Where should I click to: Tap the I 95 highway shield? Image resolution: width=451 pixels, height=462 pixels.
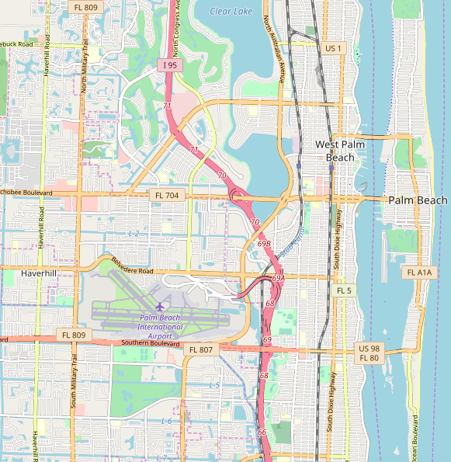[x=170, y=66]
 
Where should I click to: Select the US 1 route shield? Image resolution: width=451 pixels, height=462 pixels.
[x=333, y=48]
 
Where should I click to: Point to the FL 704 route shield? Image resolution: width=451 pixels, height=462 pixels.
[x=168, y=196]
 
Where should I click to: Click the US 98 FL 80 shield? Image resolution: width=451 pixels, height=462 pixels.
[x=368, y=353]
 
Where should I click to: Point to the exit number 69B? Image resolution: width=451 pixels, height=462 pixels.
[x=265, y=244]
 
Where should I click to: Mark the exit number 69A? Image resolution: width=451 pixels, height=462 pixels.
[x=279, y=277]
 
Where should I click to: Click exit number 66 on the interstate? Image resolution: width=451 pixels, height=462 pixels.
[x=262, y=432]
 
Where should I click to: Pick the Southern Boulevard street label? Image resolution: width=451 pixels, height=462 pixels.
[x=152, y=343]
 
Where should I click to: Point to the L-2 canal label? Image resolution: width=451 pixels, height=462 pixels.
[x=133, y=234]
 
